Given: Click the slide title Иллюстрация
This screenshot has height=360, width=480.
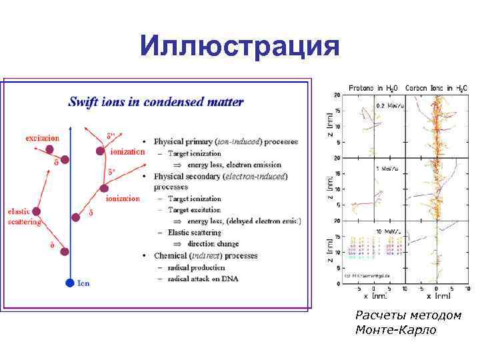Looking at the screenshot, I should coord(240,47).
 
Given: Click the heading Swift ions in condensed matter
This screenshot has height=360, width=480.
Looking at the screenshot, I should coord(156,102).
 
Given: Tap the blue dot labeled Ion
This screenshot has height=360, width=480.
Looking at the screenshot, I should coord(69,283).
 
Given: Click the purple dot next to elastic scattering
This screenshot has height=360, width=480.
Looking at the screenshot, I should coord(37,211).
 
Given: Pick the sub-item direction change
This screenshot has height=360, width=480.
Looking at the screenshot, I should coord(213,244).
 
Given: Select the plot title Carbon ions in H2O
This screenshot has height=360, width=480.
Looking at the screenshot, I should coord(437,87).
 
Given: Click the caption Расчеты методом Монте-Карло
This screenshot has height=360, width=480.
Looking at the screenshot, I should coord(408,322).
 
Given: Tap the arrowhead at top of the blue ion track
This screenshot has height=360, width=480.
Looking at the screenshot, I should coord(70,127).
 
